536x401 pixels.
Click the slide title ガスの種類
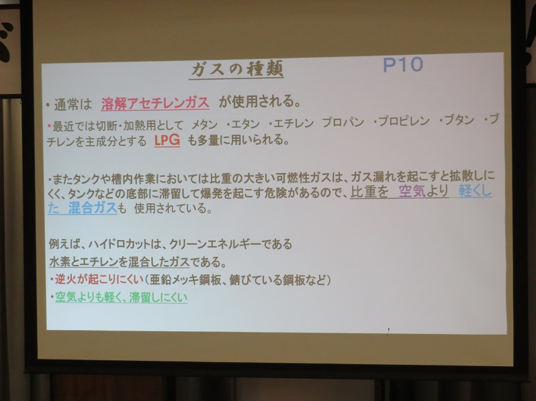[x=236, y=69]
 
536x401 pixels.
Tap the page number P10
[x=403, y=64]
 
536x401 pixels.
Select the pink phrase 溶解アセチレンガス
[x=155, y=103]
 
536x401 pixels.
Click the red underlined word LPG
[x=167, y=140]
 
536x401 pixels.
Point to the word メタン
[x=204, y=125]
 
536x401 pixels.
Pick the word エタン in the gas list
[x=245, y=124]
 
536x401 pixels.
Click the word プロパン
[x=343, y=122]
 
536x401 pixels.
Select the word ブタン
[x=459, y=120]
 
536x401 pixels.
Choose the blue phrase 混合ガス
[x=93, y=208]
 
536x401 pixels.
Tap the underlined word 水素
[x=60, y=262]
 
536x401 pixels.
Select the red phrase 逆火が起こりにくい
[x=99, y=280]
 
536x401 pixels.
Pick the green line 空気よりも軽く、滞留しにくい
[x=122, y=297]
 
